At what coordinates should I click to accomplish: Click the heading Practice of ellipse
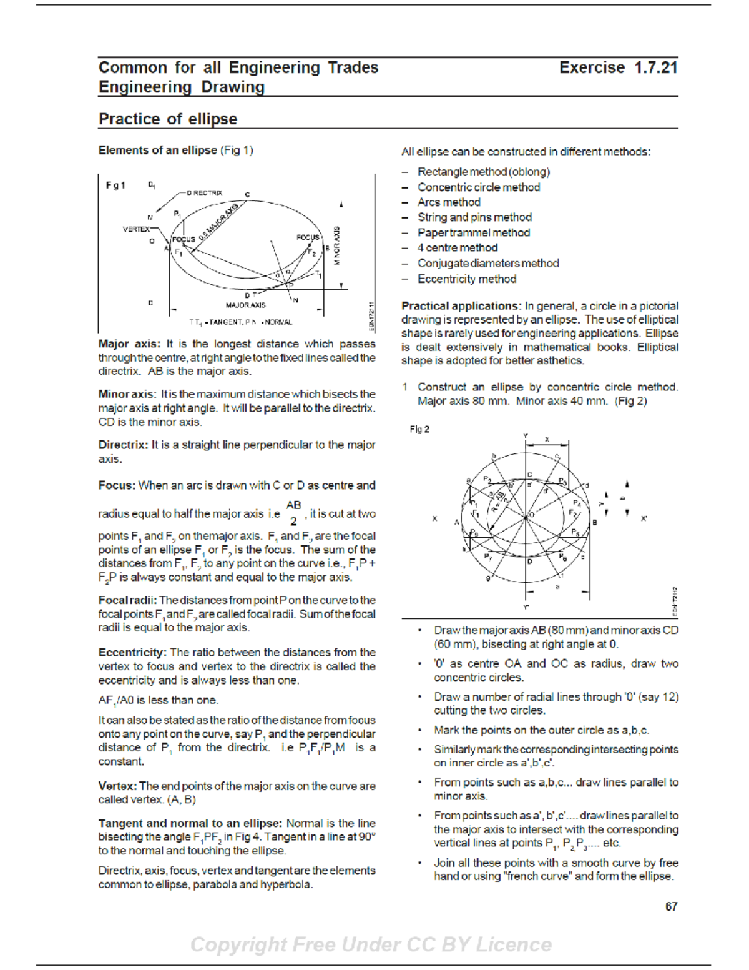point(168,119)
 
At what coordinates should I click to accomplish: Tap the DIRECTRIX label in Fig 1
point(204,193)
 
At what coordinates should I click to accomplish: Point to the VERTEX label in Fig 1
point(135,229)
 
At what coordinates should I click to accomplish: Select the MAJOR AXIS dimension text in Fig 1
point(245,305)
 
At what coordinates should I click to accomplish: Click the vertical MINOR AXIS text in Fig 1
point(337,245)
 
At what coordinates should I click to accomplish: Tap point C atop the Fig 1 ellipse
point(247,195)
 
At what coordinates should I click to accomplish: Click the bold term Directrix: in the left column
point(123,445)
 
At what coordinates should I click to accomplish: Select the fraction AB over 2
point(293,513)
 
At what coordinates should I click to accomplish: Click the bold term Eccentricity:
point(132,652)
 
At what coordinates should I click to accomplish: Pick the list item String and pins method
point(474,217)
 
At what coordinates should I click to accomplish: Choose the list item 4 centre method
point(458,248)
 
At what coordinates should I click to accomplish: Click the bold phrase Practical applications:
point(461,305)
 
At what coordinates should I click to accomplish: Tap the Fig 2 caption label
point(419,429)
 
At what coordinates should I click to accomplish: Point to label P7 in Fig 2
point(488,556)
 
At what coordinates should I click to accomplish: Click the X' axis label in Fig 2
point(644,518)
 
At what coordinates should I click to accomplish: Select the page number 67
point(671,906)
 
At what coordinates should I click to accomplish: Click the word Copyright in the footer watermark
point(238,944)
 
